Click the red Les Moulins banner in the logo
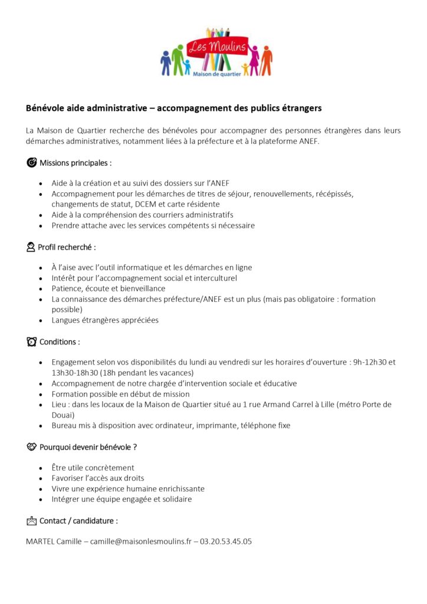tap(216, 46)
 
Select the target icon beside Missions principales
tap(31, 163)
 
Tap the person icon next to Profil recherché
tap(31, 247)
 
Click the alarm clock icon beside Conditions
tap(31, 342)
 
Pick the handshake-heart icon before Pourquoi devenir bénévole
tap(31, 447)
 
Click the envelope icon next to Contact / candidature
tap(31, 521)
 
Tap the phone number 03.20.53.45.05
tap(226, 541)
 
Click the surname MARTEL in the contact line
tap(40, 541)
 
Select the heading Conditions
tap(59, 342)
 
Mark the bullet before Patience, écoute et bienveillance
tap(40, 289)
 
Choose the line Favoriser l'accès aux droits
tap(98, 478)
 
